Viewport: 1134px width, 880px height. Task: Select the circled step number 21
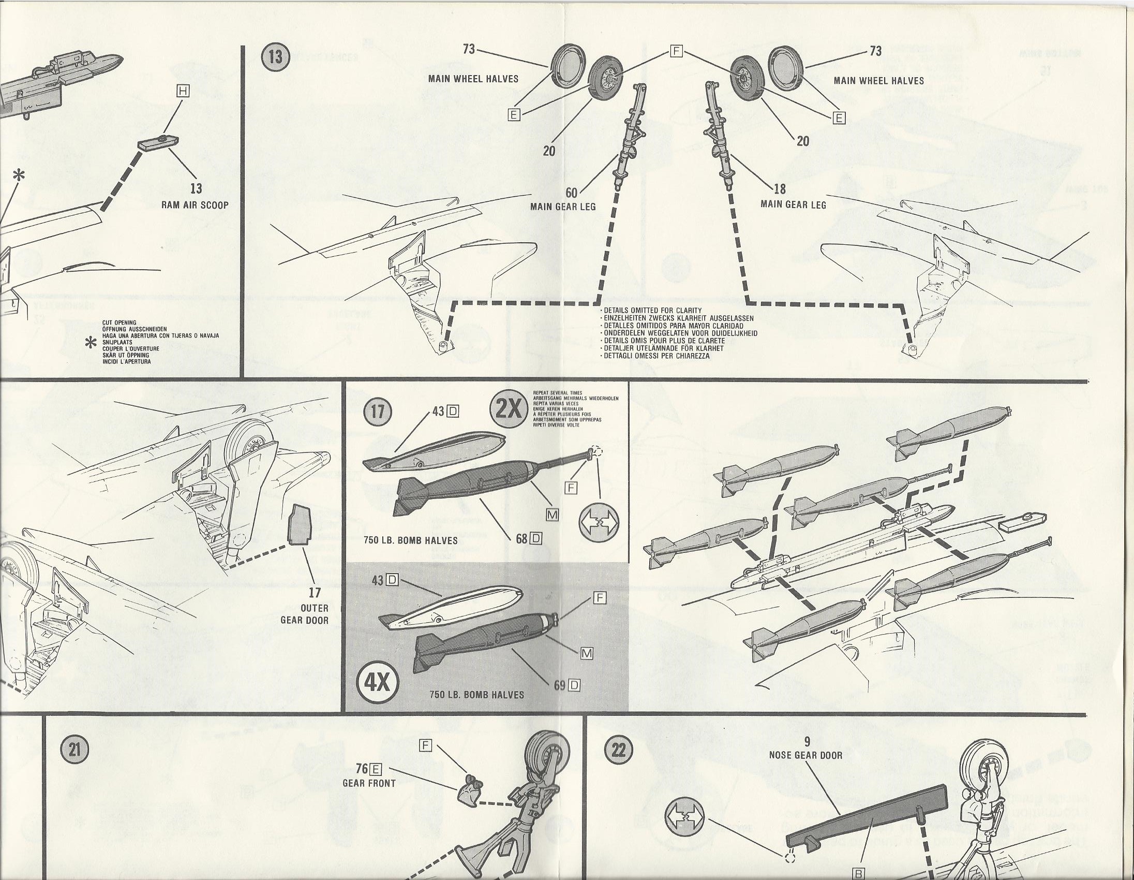coord(71,751)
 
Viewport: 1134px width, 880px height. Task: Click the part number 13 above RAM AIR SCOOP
coord(196,188)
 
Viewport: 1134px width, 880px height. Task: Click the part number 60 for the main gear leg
coord(572,193)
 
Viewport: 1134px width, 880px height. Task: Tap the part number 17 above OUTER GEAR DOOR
coord(315,592)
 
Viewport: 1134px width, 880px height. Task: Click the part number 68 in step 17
coord(522,538)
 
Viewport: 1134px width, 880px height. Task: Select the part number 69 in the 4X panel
coord(559,685)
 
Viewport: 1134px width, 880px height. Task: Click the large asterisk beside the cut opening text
coord(92,344)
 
